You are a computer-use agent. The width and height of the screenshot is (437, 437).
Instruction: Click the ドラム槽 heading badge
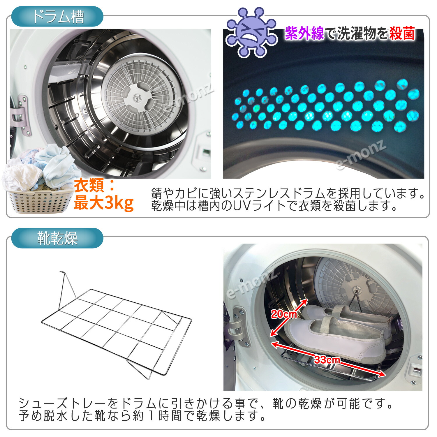57,17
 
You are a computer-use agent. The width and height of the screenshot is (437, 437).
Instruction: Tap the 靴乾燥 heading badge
57,238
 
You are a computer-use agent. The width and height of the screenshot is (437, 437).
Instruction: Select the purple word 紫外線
304,33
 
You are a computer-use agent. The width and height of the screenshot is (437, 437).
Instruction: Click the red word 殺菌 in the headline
402,33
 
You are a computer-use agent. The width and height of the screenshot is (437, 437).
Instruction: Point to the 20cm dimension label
284,314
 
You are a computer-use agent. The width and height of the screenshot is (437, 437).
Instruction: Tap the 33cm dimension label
327,360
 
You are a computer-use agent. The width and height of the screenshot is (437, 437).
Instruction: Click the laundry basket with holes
39,201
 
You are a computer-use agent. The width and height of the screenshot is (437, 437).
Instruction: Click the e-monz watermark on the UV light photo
361,156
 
